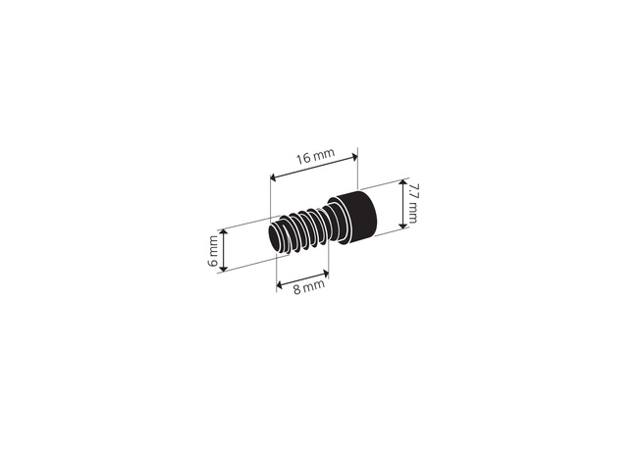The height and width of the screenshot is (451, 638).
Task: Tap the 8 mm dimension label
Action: [x=300, y=287]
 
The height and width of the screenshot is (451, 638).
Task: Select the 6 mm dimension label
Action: [x=212, y=251]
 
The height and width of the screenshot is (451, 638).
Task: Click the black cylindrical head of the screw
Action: [x=352, y=218]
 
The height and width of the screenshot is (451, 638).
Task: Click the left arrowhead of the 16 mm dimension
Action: [x=273, y=176]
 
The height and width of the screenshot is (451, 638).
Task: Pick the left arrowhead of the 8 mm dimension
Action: [x=279, y=285]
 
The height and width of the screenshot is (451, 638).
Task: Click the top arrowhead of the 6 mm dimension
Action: [x=225, y=232]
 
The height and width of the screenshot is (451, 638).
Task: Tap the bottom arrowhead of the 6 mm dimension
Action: [x=225, y=267]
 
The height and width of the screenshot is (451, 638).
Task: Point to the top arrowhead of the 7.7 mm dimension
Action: [x=400, y=184]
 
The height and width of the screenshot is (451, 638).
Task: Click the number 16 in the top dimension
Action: [x=303, y=158]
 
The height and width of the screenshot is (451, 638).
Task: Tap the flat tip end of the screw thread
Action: [x=275, y=238]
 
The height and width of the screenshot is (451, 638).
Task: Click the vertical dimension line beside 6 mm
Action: [x=225, y=250]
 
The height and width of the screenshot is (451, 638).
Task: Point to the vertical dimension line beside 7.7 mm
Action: [x=400, y=206]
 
